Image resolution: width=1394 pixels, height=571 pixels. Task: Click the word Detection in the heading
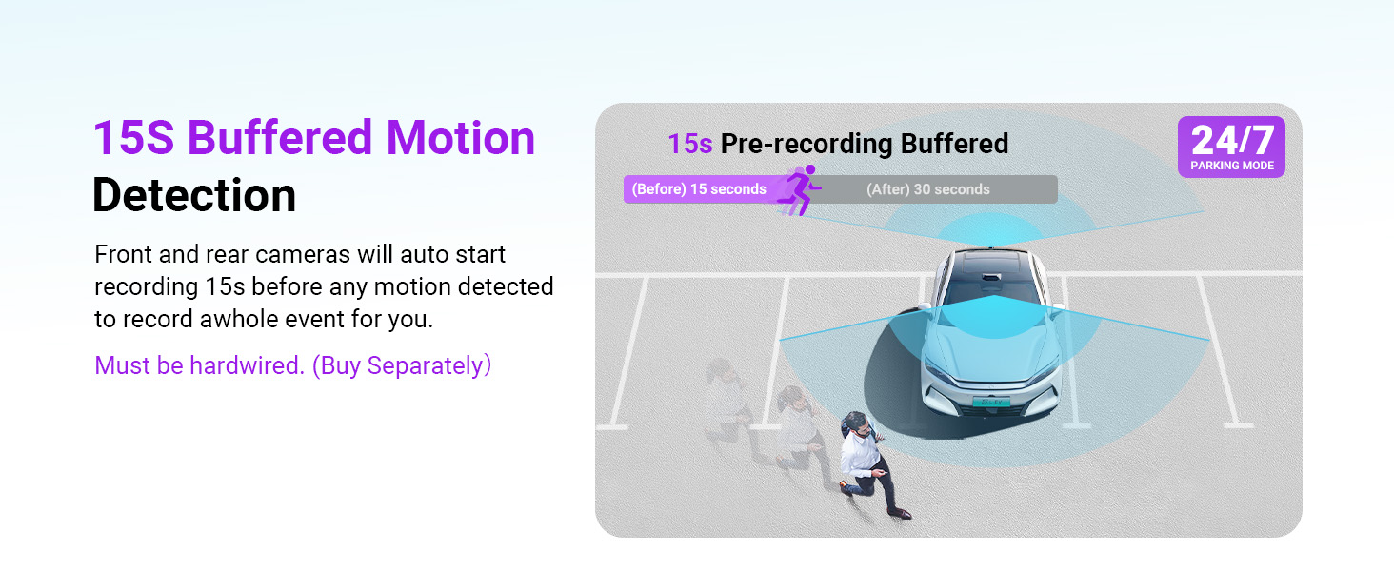click(x=194, y=195)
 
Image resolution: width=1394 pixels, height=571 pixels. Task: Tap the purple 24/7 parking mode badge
click(x=1231, y=147)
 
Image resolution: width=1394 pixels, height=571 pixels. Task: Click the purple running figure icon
click(x=800, y=189)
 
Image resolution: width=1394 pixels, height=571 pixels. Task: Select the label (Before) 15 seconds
click(x=699, y=189)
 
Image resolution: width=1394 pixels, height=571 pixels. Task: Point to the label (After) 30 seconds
click(x=927, y=189)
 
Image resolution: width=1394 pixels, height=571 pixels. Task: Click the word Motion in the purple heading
click(x=461, y=138)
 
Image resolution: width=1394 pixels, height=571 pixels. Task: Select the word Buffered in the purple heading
click(x=280, y=138)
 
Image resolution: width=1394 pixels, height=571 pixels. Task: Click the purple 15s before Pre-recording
click(x=689, y=144)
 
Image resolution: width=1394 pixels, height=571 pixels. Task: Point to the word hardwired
click(x=247, y=365)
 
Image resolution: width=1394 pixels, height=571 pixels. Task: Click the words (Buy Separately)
click(x=402, y=365)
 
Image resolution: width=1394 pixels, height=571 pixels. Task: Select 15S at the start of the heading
click(x=134, y=138)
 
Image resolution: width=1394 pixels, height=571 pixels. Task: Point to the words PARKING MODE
click(x=1232, y=166)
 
